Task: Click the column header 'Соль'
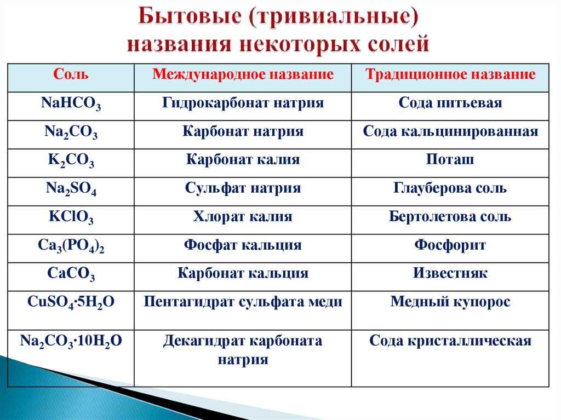point(71,75)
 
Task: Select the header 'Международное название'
point(243,75)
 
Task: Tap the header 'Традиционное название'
point(450,75)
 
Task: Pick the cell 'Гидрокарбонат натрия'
point(243,103)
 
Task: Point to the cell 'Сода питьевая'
point(450,103)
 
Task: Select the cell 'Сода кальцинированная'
point(450,131)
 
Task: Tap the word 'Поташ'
point(450,160)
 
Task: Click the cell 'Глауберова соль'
point(450,188)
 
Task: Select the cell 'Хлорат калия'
point(243,217)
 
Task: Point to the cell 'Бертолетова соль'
point(450,217)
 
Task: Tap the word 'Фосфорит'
point(450,245)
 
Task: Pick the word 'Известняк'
point(450,273)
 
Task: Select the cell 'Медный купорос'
point(450,302)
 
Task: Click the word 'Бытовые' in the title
point(189,18)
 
